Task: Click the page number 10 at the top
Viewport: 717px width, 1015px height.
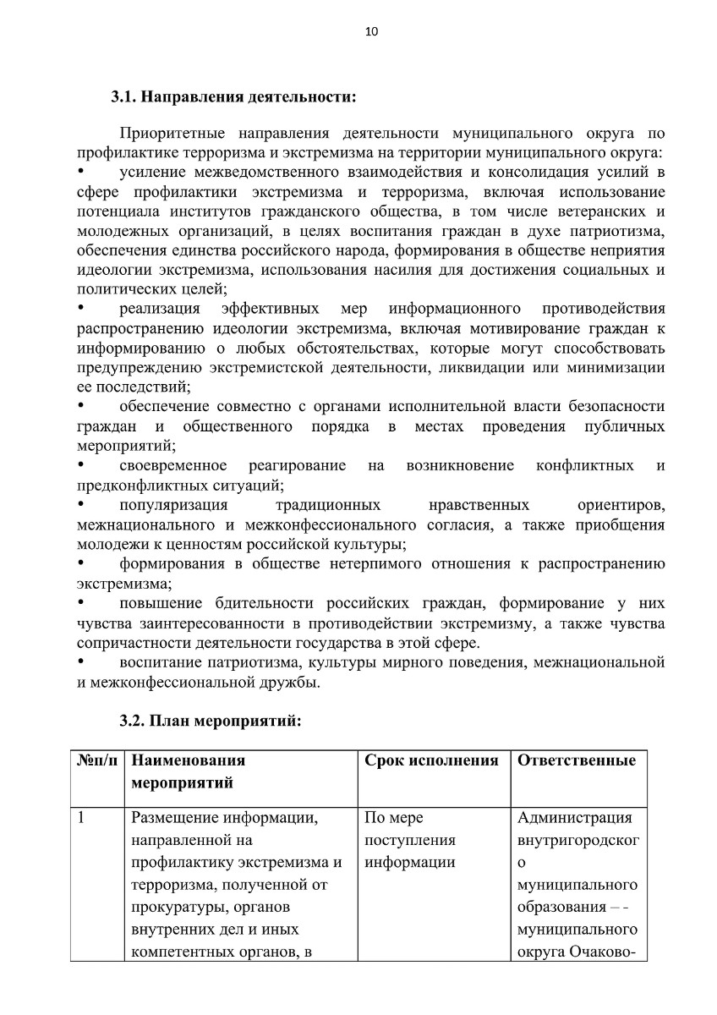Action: click(370, 32)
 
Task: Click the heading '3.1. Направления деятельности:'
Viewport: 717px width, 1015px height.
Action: click(233, 96)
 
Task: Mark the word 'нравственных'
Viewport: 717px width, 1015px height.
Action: click(479, 505)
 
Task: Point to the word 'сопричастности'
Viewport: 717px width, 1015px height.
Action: click(129, 643)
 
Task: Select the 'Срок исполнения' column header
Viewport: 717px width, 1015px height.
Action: click(431, 760)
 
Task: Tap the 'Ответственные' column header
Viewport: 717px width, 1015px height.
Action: click(576, 760)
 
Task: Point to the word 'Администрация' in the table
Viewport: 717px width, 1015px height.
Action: click(574, 818)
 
